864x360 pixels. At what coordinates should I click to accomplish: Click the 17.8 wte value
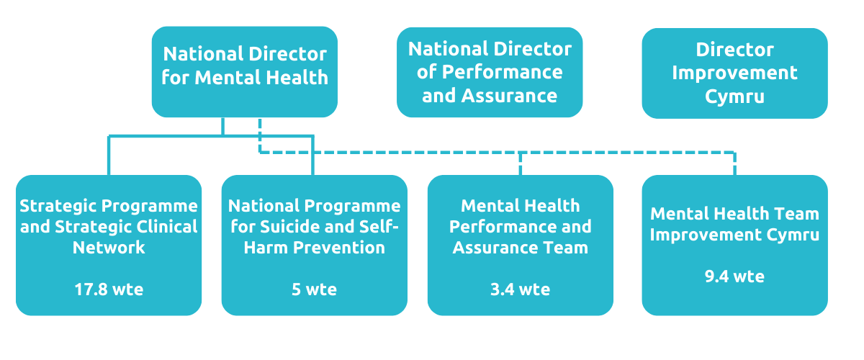click(x=109, y=289)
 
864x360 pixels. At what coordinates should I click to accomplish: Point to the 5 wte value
click(x=314, y=289)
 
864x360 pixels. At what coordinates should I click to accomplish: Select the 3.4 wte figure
click(x=520, y=289)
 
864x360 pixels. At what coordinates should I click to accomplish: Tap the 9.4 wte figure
click(x=734, y=276)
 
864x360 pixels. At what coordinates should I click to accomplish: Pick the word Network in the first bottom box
click(x=109, y=248)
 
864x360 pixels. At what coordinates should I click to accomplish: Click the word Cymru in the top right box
click(x=734, y=96)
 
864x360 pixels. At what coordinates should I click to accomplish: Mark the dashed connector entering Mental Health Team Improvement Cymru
click(x=734, y=164)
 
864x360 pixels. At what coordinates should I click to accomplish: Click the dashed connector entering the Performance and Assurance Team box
click(x=520, y=164)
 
